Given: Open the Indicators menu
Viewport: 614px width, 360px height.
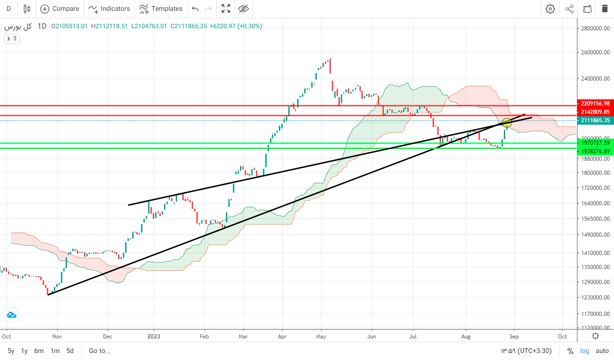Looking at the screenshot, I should click(109, 8).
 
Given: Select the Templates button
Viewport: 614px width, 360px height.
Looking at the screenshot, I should click(161, 8).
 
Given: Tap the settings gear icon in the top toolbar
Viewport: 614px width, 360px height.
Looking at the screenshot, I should click(550, 8).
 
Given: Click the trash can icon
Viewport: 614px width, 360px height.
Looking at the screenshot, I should click(605, 8).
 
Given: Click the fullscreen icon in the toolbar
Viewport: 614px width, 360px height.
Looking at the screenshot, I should click(226, 8).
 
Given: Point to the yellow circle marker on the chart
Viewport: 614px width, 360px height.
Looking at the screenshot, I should click(507, 123).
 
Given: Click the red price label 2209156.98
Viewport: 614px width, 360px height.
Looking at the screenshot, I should click(594, 104).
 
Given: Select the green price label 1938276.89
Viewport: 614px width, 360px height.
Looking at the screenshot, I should click(594, 151).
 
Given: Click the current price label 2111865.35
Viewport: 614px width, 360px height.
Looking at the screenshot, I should click(594, 120).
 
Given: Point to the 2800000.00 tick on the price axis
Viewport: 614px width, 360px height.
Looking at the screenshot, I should click(594, 29).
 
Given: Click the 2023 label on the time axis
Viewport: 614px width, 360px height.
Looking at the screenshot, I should click(154, 336).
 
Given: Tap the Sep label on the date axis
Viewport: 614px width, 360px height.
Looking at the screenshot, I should click(514, 336).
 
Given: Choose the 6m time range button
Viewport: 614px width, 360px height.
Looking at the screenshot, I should click(39, 351).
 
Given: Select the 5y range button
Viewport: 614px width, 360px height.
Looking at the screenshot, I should click(11, 351).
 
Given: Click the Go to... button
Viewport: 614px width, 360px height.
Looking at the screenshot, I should click(99, 351).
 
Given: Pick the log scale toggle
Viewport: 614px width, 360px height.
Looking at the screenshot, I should click(585, 351).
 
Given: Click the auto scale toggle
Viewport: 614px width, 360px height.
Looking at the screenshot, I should click(602, 351).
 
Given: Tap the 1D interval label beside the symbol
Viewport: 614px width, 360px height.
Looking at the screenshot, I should click(42, 26).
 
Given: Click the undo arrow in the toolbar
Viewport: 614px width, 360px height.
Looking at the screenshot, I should click(195, 8).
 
